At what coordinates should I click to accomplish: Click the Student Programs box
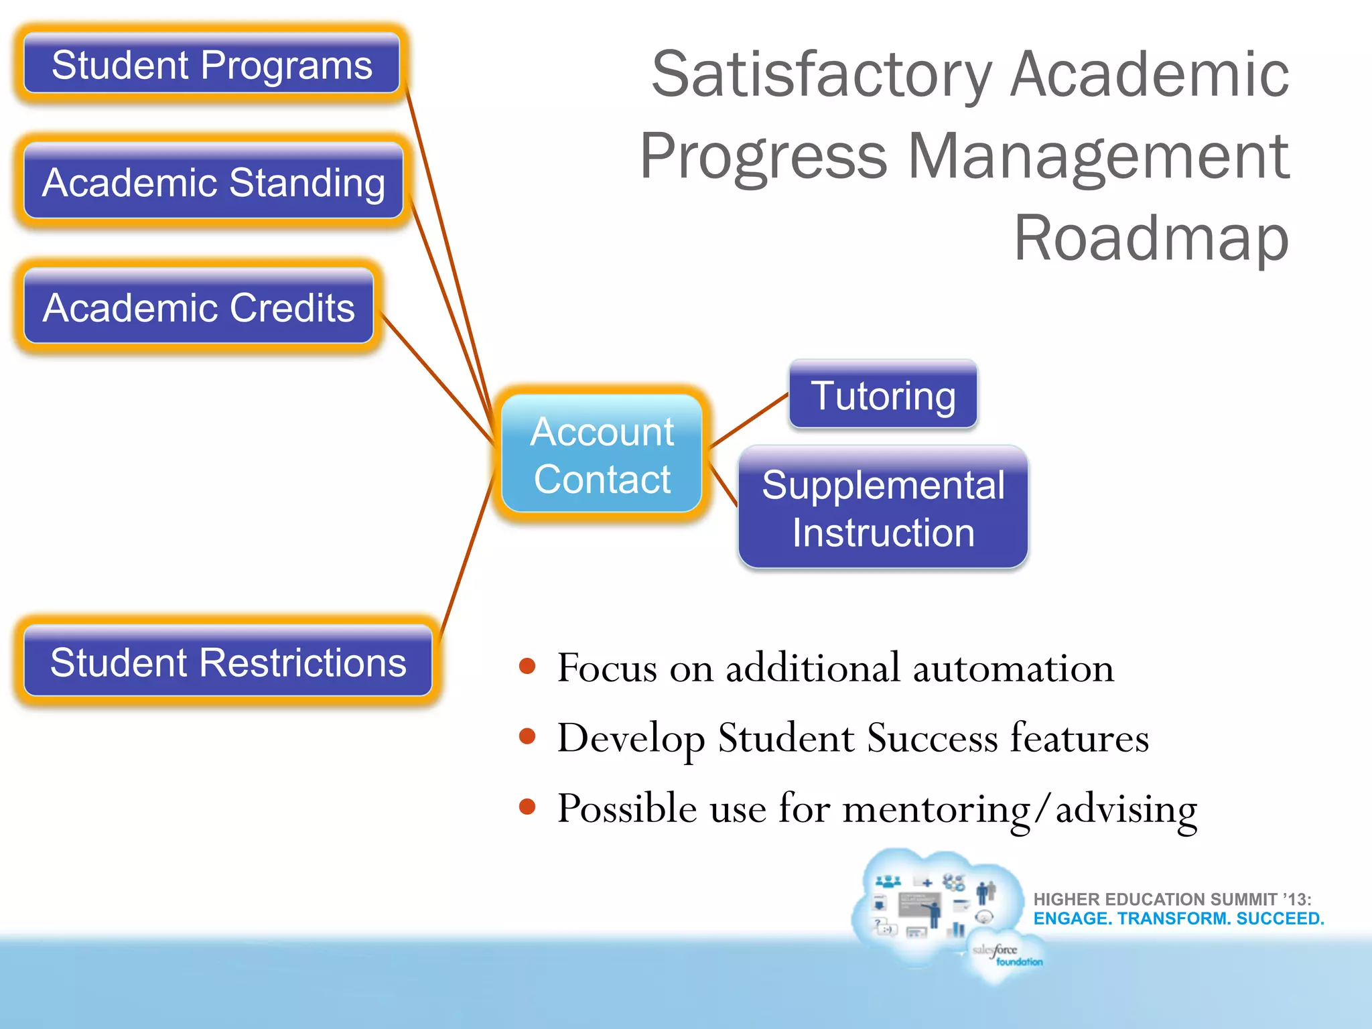pyautogui.click(x=212, y=64)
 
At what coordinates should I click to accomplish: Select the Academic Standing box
pyautogui.click(x=213, y=182)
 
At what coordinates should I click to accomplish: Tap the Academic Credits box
pyautogui.click(x=198, y=307)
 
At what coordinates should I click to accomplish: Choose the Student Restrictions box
pyautogui.click(x=228, y=662)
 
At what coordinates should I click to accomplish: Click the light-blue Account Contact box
pyautogui.click(x=602, y=455)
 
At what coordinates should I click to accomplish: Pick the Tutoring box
pyautogui.click(x=883, y=395)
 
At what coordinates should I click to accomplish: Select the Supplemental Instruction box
pyautogui.click(x=883, y=508)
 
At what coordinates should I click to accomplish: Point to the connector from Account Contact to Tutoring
pyautogui.click(x=749, y=420)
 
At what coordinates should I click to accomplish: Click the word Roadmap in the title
pyautogui.click(x=1151, y=238)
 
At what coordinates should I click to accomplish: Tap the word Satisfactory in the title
pyautogui.click(x=821, y=75)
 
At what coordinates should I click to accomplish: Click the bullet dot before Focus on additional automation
pyautogui.click(x=528, y=666)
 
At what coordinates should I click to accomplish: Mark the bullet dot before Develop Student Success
pyautogui.click(x=528, y=736)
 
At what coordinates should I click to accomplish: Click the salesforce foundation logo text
pyautogui.click(x=1006, y=955)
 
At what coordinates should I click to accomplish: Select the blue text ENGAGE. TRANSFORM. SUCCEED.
pyautogui.click(x=1178, y=918)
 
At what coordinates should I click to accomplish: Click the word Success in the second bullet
pyautogui.click(x=932, y=738)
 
